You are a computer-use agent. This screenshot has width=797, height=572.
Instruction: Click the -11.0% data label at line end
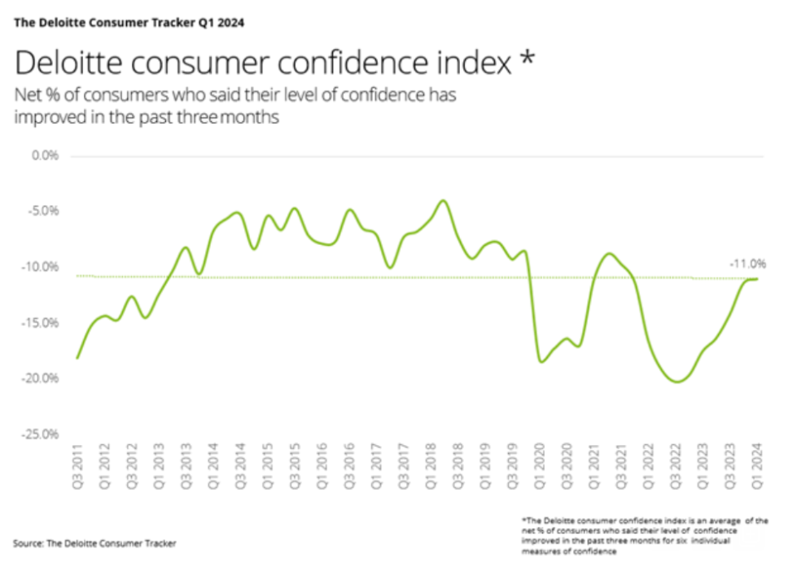tap(747, 264)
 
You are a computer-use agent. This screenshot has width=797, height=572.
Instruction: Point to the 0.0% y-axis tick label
tap(45, 155)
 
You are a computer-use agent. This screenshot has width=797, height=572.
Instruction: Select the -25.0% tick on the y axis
tap(40, 434)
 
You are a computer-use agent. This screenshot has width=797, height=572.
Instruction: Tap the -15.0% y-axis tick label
tap(40, 323)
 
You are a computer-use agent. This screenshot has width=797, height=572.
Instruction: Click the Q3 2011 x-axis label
tap(78, 467)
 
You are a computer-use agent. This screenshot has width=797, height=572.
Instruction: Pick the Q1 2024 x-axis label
tap(757, 467)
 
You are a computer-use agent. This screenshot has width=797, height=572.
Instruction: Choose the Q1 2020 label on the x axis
tap(540, 467)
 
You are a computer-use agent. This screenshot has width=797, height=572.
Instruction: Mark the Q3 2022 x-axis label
tap(676, 467)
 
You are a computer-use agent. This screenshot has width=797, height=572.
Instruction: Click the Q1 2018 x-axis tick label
tap(431, 467)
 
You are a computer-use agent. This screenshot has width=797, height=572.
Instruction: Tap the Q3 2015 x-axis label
tap(295, 467)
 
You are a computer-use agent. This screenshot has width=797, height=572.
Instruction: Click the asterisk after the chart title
tap(528, 58)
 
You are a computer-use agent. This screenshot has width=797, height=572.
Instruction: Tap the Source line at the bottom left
tap(95, 544)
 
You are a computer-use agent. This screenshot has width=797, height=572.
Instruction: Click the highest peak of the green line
tap(443, 200)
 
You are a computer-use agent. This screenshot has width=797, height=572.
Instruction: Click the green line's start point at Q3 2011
tap(76, 358)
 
